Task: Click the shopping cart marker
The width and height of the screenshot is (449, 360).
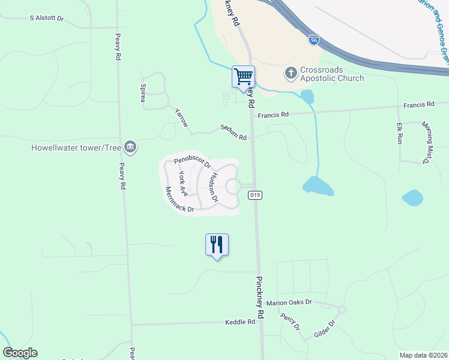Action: tap(243, 77)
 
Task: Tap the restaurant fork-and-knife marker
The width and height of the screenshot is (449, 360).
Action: tap(217, 244)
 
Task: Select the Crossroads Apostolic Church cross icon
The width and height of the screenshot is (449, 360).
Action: tap(291, 73)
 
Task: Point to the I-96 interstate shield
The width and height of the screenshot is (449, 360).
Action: tap(313, 40)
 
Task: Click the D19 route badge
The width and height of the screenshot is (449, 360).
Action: tap(255, 195)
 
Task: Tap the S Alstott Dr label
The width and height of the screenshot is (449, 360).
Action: tap(46, 19)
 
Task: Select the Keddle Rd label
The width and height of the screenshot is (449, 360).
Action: tap(240, 322)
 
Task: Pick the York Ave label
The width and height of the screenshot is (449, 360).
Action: tap(183, 184)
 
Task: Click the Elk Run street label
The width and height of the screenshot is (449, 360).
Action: tap(399, 133)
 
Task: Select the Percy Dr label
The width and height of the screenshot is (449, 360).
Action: tap(290, 322)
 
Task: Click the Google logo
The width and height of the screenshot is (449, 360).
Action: tap(20, 353)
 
